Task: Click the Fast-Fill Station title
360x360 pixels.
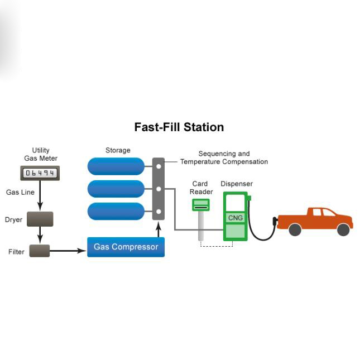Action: [179, 127]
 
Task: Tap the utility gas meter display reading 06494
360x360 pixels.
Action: [40, 174]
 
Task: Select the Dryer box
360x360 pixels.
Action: [40, 219]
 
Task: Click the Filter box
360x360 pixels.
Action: [40, 251]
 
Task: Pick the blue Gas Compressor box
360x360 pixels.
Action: [126, 247]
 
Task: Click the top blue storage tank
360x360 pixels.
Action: [116, 166]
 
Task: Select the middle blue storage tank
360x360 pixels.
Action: [116, 189]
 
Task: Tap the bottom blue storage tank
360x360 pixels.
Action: [116, 211]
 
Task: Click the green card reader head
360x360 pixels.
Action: [200, 205]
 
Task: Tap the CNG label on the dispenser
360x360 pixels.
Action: [236, 218]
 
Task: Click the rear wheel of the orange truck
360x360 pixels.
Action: [295, 229]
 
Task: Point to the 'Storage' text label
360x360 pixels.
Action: [118, 150]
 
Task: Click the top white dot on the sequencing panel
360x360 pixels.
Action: [159, 166]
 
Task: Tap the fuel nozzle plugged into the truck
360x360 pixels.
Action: [274, 222]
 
